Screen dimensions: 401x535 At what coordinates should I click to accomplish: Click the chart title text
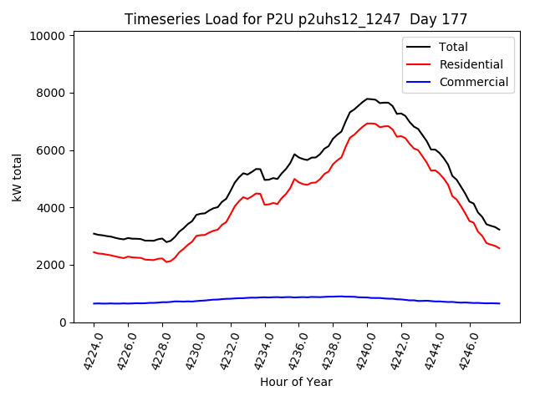296,19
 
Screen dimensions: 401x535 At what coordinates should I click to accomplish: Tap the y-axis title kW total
18,177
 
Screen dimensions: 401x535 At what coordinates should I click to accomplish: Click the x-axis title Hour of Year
296,382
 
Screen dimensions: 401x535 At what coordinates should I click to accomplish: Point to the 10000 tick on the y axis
48,36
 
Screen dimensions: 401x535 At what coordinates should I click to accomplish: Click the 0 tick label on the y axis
62,322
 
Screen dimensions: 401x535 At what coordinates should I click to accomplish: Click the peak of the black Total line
368,99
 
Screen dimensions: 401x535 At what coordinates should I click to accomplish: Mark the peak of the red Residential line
369,124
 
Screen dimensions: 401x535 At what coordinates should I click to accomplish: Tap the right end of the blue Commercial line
499,303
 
